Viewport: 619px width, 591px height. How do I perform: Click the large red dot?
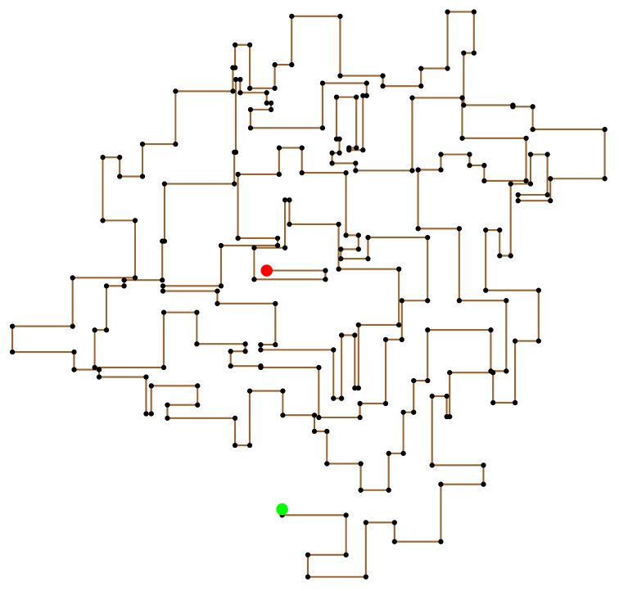pos(266,270)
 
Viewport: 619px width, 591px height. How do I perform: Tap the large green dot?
pos(282,509)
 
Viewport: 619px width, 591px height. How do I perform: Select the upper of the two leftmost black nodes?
pos(12,326)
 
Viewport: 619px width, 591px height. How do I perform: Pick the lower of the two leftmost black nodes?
pos(12,352)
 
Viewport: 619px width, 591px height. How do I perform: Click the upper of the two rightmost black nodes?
pos(605,129)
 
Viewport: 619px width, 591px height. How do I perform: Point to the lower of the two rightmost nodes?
pos(605,178)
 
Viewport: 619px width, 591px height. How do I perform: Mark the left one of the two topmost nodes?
pos(448,11)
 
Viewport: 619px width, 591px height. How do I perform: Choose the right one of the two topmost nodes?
pos(474,11)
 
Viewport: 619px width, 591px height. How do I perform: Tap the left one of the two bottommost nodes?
pos(308,577)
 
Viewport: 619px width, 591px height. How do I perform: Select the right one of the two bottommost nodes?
pos(366,577)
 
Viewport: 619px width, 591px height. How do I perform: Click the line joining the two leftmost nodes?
pos(12,339)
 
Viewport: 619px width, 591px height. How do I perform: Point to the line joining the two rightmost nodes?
pos(605,154)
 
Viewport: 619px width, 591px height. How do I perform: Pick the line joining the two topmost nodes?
pos(461,11)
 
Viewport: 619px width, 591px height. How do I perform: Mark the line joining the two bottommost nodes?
pos(337,577)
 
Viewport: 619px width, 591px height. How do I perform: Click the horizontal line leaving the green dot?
pos(314,515)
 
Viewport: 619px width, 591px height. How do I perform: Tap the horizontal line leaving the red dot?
pos(296,270)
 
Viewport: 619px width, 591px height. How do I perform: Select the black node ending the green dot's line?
pos(346,515)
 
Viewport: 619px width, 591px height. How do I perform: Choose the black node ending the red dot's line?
pos(326,270)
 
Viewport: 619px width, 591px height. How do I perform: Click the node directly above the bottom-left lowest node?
pos(308,555)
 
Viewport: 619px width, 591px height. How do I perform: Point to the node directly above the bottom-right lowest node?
pos(366,522)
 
